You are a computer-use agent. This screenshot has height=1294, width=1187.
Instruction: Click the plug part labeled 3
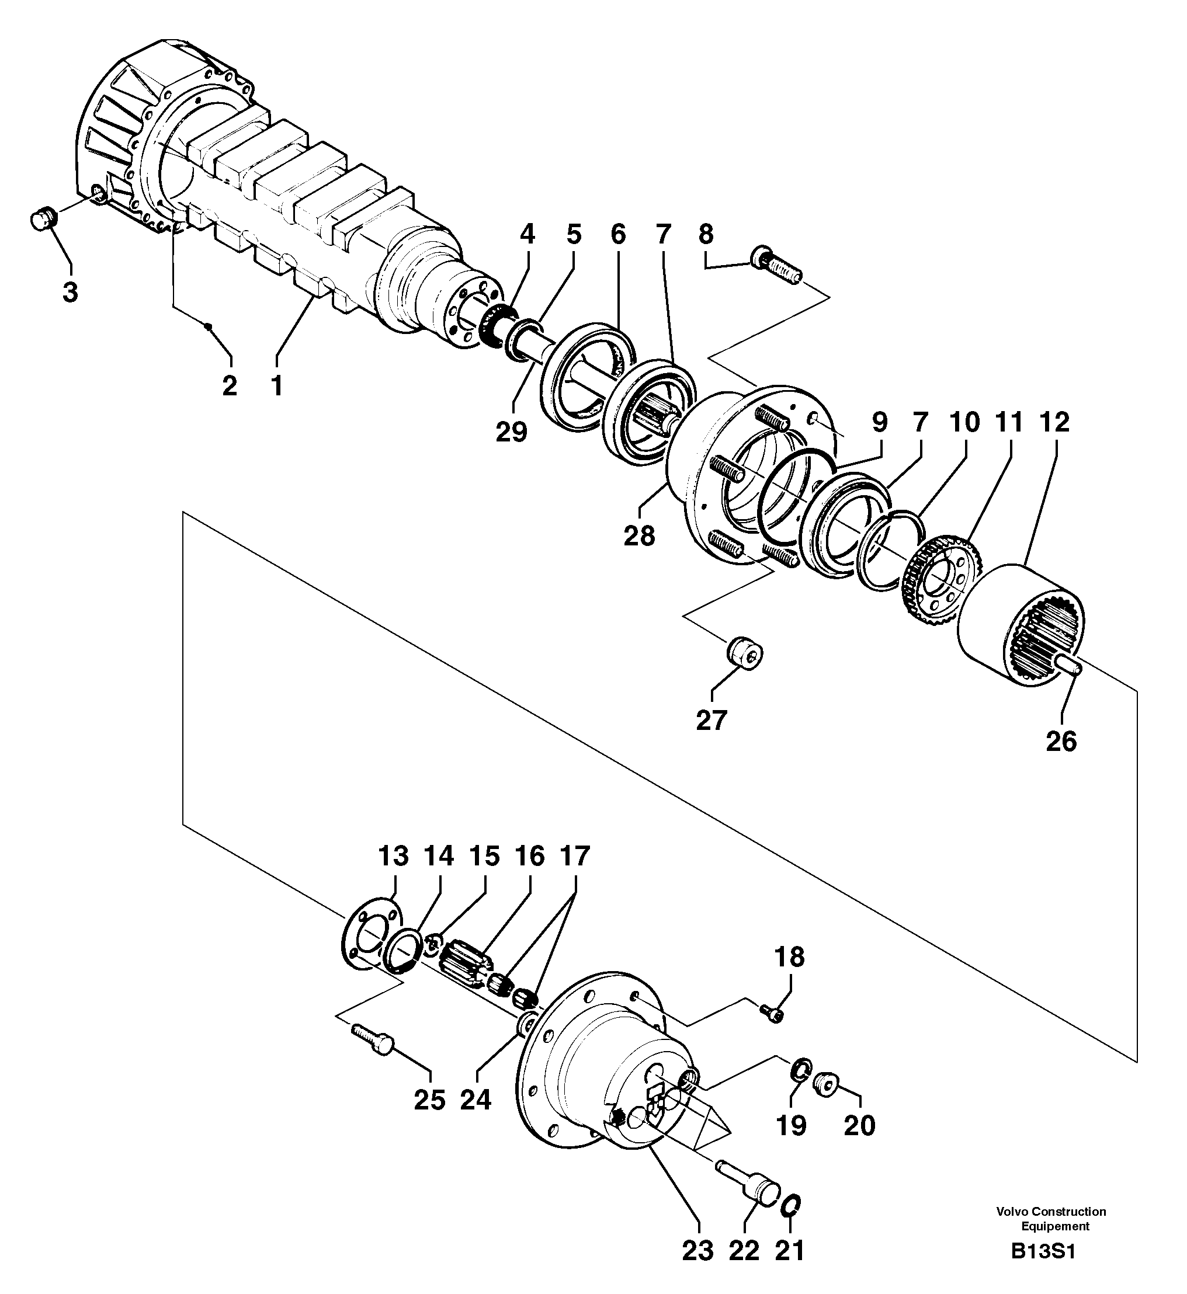coord(43,220)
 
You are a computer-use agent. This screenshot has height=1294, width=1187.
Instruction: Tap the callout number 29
coord(511,432)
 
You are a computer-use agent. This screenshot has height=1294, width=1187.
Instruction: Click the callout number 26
coord(1061,742)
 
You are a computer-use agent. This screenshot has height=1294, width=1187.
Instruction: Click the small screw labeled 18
coord(773,1013)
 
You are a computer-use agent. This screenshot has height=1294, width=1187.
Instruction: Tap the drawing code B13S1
coord(1043,1270)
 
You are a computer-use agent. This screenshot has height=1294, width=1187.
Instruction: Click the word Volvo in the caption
coord(1011,1212)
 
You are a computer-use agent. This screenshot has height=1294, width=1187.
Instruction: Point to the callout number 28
coord(639,535)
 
